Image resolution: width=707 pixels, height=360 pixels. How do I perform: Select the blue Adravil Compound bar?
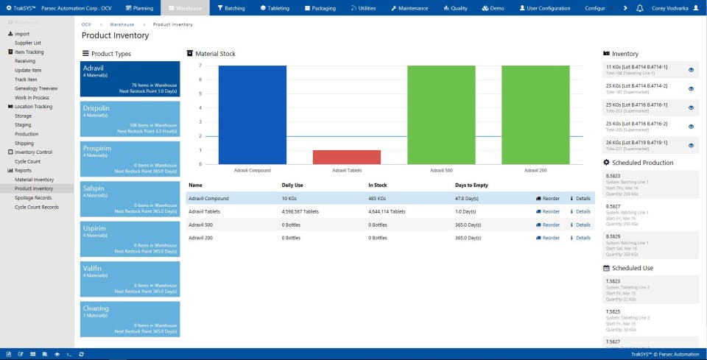[x=252, y=114]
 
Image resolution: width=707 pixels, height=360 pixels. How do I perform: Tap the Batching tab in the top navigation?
[x=231, y=8]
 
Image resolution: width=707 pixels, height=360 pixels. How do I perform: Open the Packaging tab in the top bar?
[x=319, y=8]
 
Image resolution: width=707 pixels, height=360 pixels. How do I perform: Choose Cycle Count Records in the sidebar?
[x=37, y=207]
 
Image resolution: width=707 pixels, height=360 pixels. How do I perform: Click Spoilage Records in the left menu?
[x=33, y=198]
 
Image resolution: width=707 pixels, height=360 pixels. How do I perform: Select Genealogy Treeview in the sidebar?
[x=36, y=88]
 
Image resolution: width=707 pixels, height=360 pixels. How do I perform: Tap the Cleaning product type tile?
[x=130, y=317]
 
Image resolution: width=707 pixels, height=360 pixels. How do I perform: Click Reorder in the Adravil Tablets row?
[x=548, y=211]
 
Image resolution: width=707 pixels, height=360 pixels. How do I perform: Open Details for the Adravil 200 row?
[x=580, y=238]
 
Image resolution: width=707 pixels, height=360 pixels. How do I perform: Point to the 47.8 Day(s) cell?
[x=467, y=199]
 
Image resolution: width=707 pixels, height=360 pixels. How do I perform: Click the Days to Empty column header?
[x=471, y=185]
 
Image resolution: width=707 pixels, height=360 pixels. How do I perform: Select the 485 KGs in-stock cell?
[x=377, y=199]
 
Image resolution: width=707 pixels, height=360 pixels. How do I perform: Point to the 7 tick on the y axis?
[x=200, y=66]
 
